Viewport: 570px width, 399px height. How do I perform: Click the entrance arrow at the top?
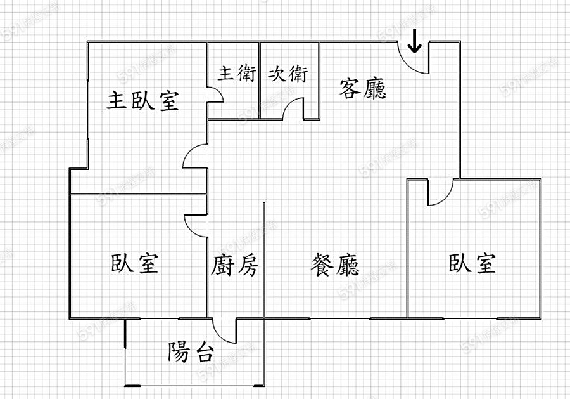[x=415, y=43]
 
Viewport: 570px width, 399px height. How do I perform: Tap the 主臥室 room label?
[x=142, y=100]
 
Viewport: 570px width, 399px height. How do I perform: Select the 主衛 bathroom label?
[x=237, y=74]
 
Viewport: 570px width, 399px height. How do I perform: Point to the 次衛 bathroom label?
[x=288, y=74]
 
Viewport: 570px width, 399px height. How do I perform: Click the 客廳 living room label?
[x=362, y=88]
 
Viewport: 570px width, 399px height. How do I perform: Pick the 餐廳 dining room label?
[x=335, y=265]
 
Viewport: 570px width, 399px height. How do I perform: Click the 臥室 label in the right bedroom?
[x=472, y=263]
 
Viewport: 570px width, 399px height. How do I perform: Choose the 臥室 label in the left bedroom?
[x=135, y=263]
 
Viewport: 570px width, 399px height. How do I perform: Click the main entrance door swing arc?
[x=412, y=61]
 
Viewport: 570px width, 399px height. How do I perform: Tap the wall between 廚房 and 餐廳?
[x=263, y=260]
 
